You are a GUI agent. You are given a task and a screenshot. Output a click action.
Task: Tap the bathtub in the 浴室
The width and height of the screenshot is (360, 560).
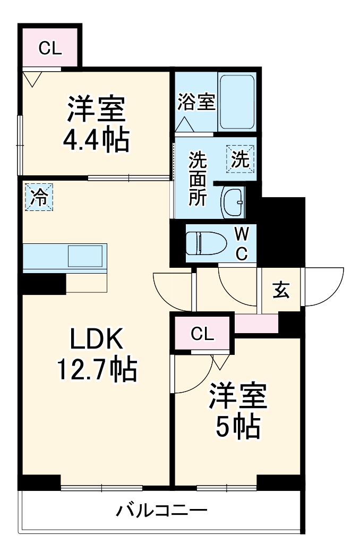pos(237,101)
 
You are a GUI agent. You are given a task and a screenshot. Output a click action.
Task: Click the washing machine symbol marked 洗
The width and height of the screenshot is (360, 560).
pos(241,159)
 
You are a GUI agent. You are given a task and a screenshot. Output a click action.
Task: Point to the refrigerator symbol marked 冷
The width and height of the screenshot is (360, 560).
pos(39,197)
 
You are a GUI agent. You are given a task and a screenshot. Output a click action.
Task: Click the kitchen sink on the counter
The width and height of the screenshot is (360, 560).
pos(85,256)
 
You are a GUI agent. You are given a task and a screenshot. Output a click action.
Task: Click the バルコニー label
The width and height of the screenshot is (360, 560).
pos(161,512)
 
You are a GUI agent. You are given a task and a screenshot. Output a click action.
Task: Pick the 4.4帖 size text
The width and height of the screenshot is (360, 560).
pos(96,140)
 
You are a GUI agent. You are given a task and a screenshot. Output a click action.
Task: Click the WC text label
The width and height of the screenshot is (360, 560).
pos(241,243)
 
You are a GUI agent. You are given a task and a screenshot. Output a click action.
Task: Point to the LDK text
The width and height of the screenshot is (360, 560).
pos(97,339)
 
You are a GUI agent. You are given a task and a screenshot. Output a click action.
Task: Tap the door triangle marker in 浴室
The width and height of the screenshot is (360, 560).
pos(184,125)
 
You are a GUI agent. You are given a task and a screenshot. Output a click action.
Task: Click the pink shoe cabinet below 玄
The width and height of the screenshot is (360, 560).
pos(256,323)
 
